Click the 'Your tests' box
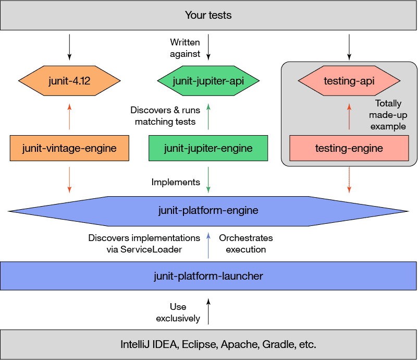(x=208, y=15)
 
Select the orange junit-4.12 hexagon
(x=69, y=81)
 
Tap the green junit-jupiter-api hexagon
(x=208, y=81)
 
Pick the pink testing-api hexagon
(x=349, y=81)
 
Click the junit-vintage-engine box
(x=69, y=148)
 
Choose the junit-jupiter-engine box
(x=208, y=148)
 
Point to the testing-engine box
(x=349, y=148)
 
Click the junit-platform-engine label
(x=208, y=211)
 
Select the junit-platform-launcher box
(x=208, y=275)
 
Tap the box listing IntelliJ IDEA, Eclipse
(x=208, y=344)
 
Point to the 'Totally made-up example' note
(x=388, y=115)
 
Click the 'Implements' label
(x=176, y=182)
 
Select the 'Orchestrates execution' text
(x=246, y=244)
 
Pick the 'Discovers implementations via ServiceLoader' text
(x=144, y=244)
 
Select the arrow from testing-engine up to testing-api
(x=349, y=116)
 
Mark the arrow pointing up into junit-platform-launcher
(x=208, y=311)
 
